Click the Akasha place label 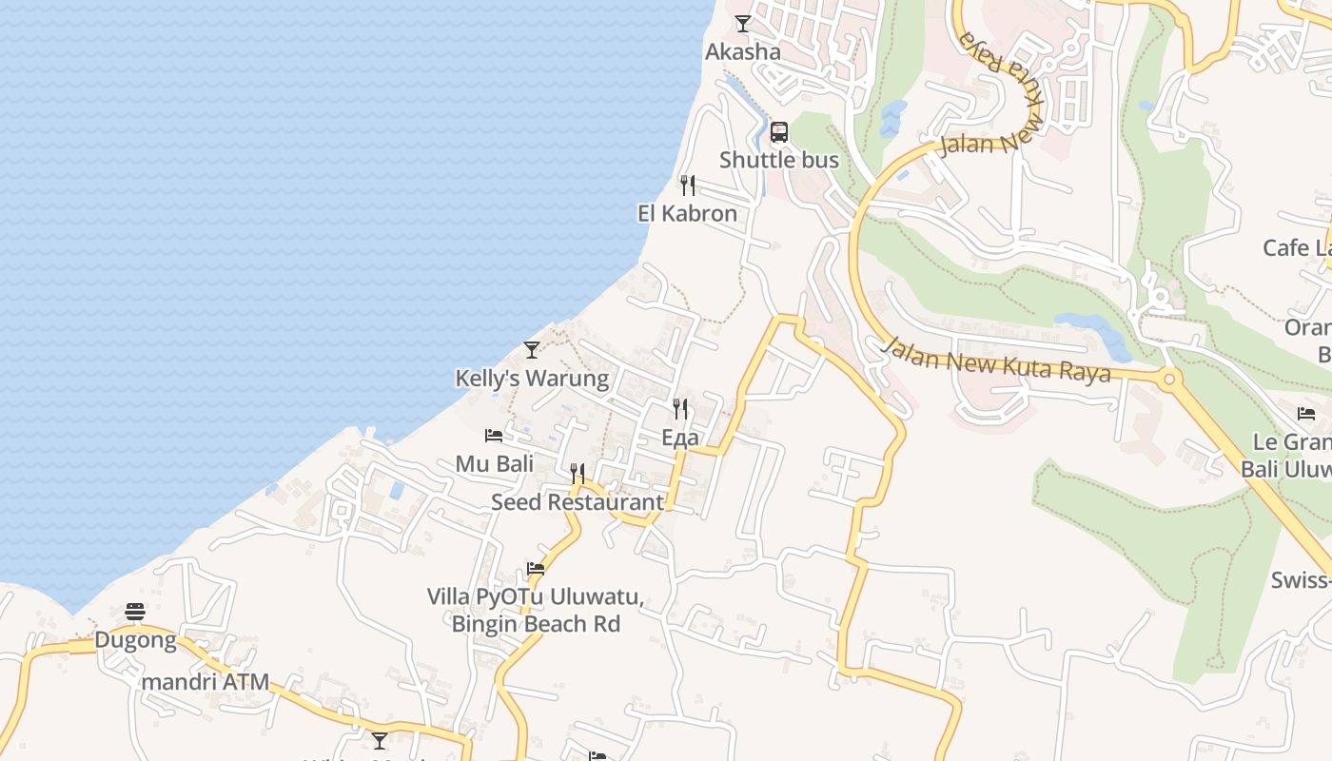tap(742, 52)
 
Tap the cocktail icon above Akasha tap(743, 24)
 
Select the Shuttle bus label tap(779, 160)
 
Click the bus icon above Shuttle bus tap(779, 132)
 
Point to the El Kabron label tap(687, 213)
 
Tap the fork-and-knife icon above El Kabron tap(688, 185)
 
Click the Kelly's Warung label tap(532, 379)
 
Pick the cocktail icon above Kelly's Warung tap(532, 350)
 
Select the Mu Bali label tap(494, 464)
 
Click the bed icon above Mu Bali tap(494, 436)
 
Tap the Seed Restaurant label tap(578, 502)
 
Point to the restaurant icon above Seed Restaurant tap(578, 473)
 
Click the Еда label tap(680, 438)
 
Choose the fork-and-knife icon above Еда tap(680, 409)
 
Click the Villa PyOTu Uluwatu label tap(536, 597)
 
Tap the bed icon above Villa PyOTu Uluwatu tap(536, 569)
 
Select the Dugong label tap(135, 640)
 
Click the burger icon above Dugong tap(135, 612)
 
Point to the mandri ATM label tap(206, 682)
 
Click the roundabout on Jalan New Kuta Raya tap(1170, 380)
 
